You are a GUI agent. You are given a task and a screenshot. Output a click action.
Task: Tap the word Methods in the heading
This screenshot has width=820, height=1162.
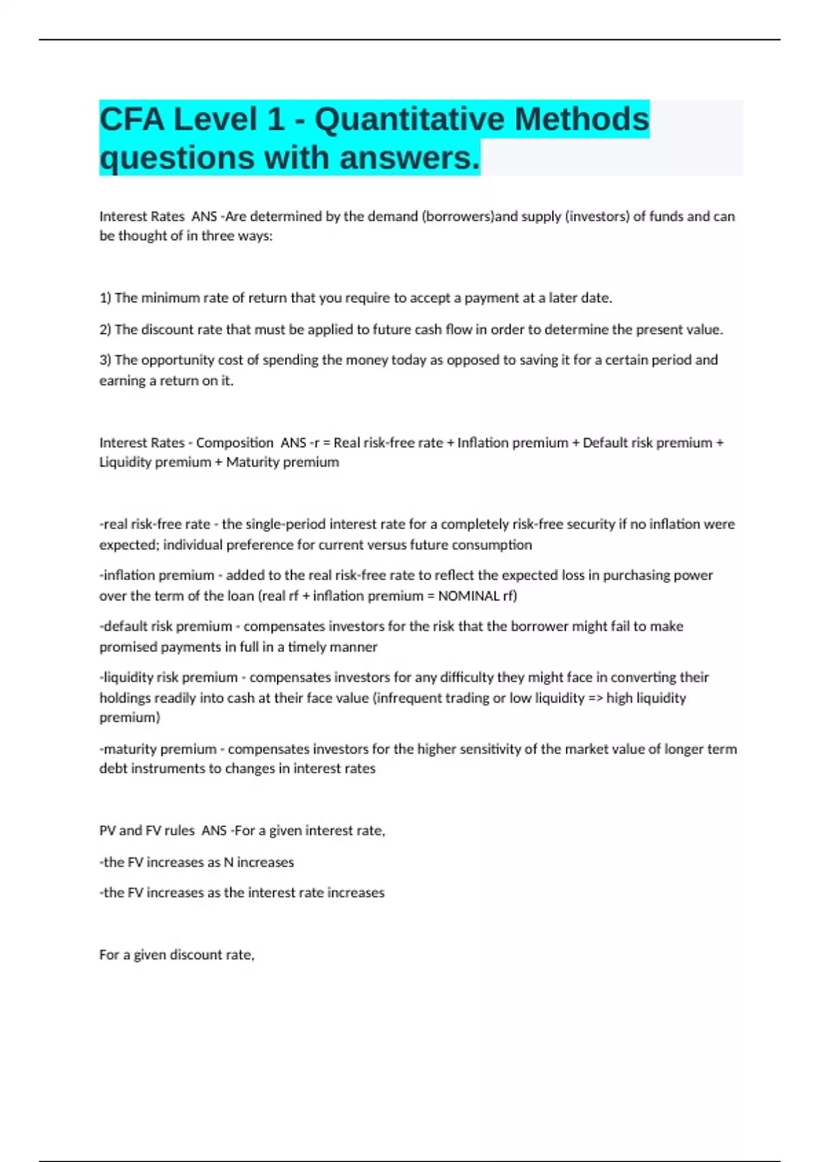tap(582, 120)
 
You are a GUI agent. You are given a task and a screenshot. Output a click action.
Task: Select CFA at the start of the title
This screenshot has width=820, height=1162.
tap(132, 120)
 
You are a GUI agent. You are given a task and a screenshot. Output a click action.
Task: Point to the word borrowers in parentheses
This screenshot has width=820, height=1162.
tap(457, 217)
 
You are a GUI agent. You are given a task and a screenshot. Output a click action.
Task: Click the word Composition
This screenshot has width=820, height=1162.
tap(234, 443)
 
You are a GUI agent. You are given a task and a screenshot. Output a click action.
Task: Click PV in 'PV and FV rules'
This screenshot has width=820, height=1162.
tap(107, 831)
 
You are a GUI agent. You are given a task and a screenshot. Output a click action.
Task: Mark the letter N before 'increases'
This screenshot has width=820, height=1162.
tap(228, 863)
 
